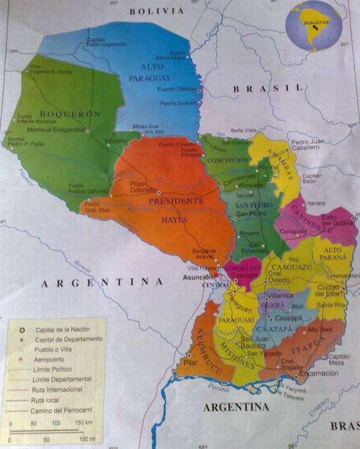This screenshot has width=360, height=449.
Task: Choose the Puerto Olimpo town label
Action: pos(176,89)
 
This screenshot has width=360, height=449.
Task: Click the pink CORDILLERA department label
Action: pos(243,268)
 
